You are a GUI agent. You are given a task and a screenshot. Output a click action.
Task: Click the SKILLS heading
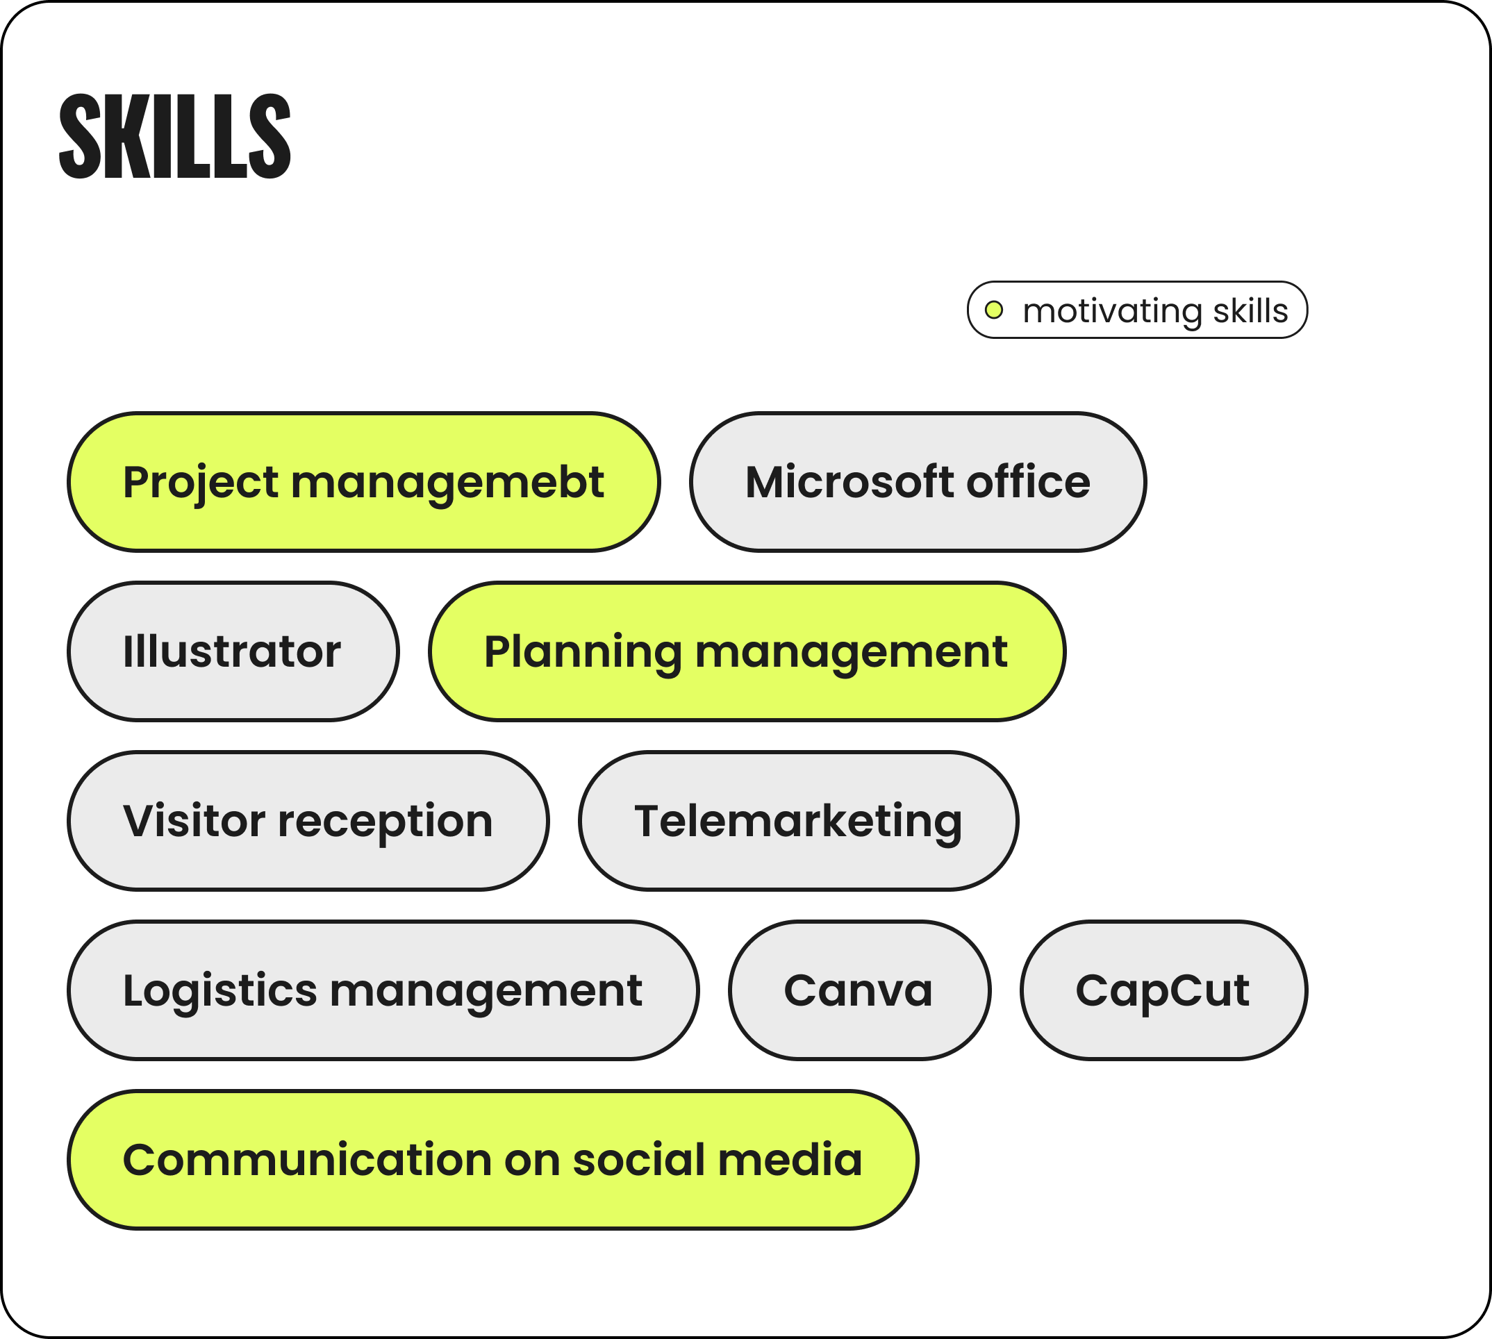click(175, 136)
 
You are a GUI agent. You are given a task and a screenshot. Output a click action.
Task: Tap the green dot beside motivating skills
click(994, 310)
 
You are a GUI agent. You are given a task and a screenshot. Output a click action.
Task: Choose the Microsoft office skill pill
click(918, 482)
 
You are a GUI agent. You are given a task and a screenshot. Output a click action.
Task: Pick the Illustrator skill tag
click(233, 651)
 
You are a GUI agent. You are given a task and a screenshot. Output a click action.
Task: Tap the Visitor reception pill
click(308, 820)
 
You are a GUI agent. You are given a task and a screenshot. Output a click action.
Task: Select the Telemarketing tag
click(798, 820)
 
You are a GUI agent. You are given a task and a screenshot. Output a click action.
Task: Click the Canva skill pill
click(859, 990)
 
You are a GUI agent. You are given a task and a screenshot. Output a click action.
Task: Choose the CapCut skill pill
click(1164, 990)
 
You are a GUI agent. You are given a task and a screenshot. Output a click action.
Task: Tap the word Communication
click(308, 1160)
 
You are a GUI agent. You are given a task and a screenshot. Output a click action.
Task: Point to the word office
click(1028, 482)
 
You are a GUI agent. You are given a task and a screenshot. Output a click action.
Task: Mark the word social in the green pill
click(638, 1160)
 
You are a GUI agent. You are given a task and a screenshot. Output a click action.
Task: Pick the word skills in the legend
click(1251, 310)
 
